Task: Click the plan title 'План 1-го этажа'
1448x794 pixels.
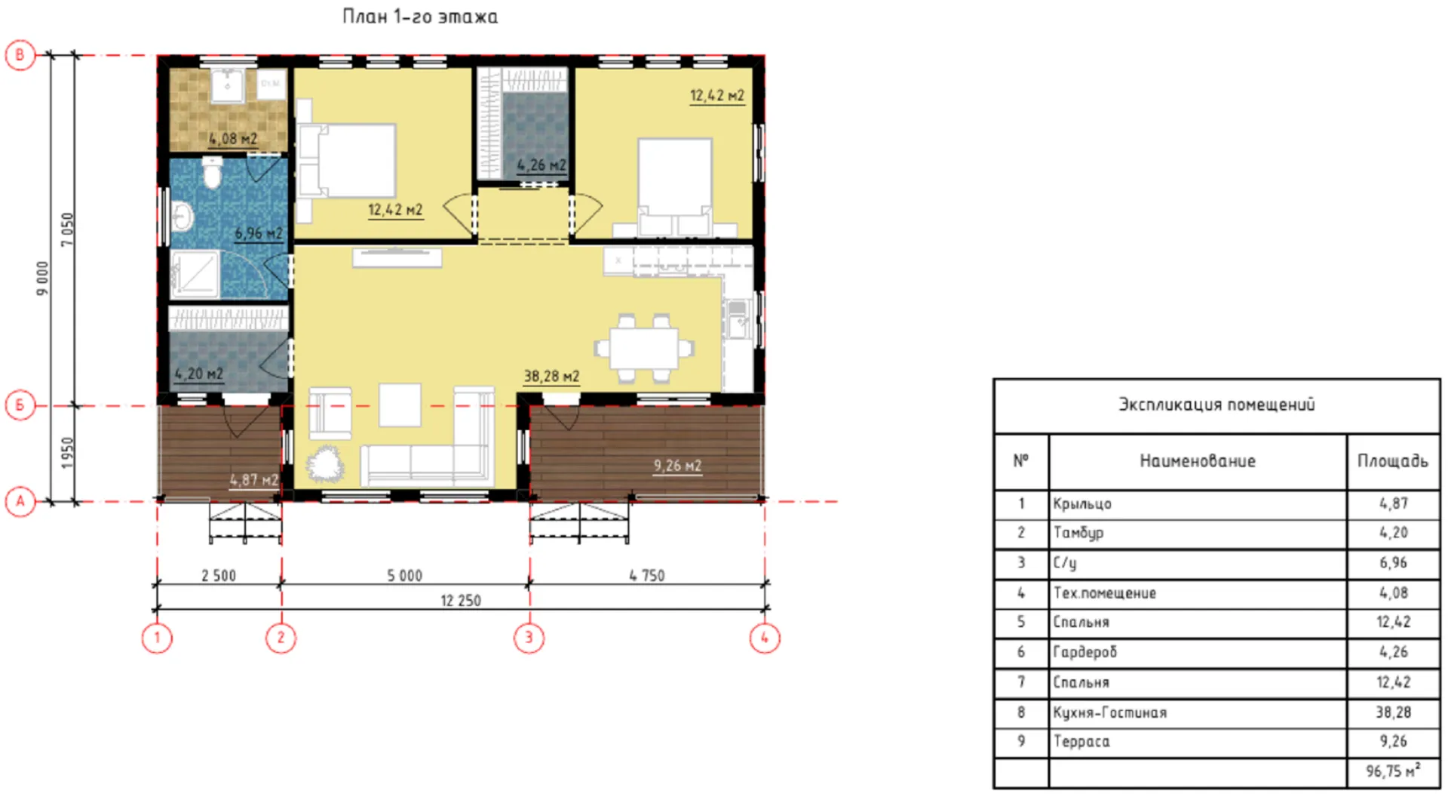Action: pos(420,17)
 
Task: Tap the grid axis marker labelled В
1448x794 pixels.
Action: pos(20,55)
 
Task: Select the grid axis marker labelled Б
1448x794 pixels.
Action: pos(20,405)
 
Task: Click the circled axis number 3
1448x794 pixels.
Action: pos(529,638)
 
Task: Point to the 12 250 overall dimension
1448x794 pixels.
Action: pos(461,601)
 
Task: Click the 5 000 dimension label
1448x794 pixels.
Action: pos(405,576)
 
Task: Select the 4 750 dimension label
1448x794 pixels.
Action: pos(647,576)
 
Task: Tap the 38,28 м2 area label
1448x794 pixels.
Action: pos(551,376)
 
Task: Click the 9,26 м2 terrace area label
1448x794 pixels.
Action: pos(677,466)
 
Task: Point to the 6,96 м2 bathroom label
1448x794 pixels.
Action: pos(259,233)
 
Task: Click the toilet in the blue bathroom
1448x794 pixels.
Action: pos(213,172)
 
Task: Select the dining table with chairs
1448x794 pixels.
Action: pos(644,348)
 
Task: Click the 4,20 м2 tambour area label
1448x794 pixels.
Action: pos(199,374)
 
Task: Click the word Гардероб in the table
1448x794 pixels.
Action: pos(1085,652)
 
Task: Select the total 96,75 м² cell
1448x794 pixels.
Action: pos(1393,772)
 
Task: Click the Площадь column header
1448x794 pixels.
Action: pos(1393,461)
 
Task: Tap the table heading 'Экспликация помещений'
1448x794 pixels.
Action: pos(1216,405)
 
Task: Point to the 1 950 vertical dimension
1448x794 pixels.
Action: pos(68,454)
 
